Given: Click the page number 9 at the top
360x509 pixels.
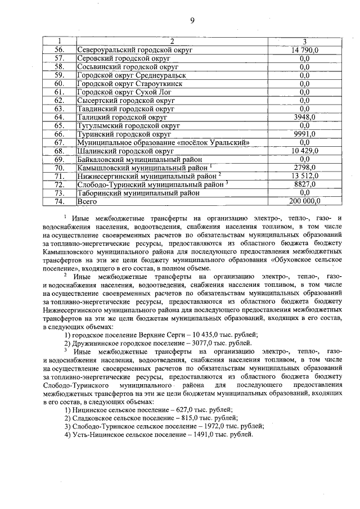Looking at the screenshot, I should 192,21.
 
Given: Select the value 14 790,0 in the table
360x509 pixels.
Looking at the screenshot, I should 304,50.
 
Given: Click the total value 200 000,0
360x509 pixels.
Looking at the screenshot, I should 304,201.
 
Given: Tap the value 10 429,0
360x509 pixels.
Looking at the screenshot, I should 304,151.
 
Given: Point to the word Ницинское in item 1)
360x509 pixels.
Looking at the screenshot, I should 92,410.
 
